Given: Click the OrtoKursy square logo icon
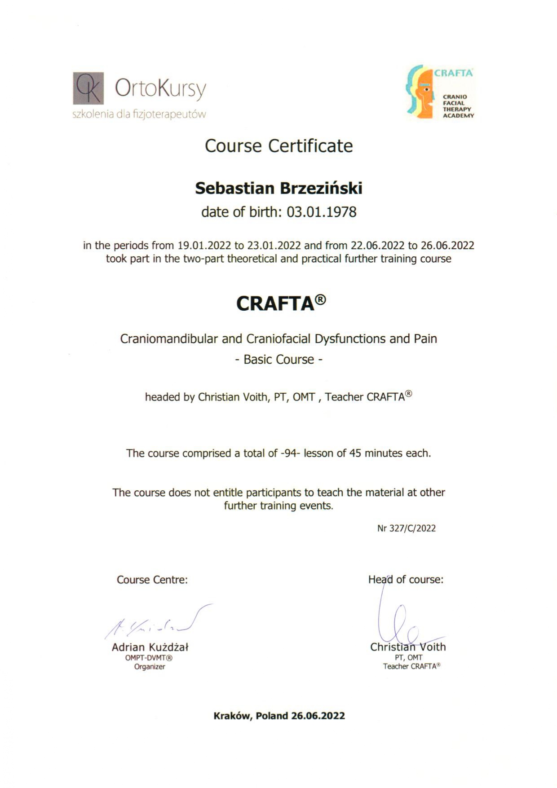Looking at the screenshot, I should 88,88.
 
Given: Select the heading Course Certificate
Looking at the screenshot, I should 278,146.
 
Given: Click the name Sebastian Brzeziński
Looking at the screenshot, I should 278,188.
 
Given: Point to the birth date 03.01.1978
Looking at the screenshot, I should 322,212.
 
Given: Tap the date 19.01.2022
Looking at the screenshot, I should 204,246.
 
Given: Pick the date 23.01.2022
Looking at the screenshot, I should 274,246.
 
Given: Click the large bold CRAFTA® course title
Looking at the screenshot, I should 281,303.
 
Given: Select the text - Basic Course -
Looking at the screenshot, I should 278,360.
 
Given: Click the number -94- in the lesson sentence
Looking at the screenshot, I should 290,453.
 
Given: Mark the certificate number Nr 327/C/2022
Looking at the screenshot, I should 407,528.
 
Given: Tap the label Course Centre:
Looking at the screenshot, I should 152,580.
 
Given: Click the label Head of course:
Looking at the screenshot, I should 406,580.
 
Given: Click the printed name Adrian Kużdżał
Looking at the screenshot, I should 150,647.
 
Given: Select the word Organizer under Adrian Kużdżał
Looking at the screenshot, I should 150,667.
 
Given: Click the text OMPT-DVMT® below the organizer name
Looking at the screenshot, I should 149,658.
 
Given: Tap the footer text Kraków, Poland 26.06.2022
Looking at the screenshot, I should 279,716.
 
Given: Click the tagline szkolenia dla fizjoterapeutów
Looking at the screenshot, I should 139,114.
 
